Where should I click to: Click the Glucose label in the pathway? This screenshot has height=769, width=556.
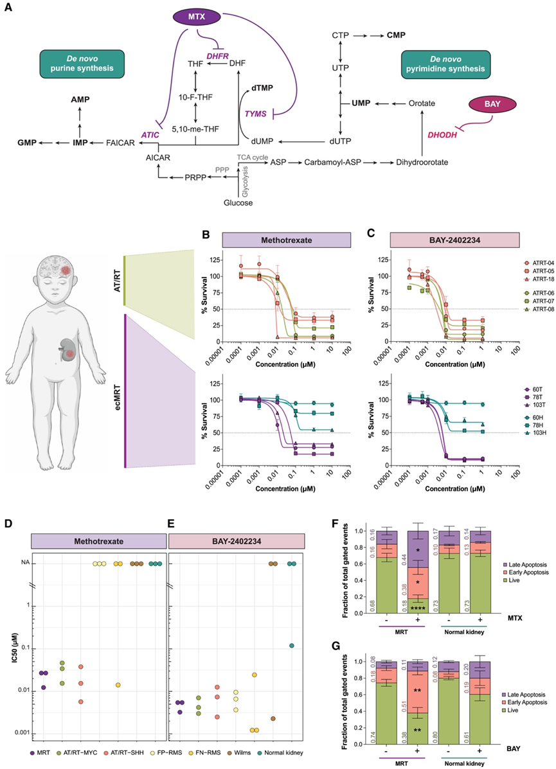point(238,203)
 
